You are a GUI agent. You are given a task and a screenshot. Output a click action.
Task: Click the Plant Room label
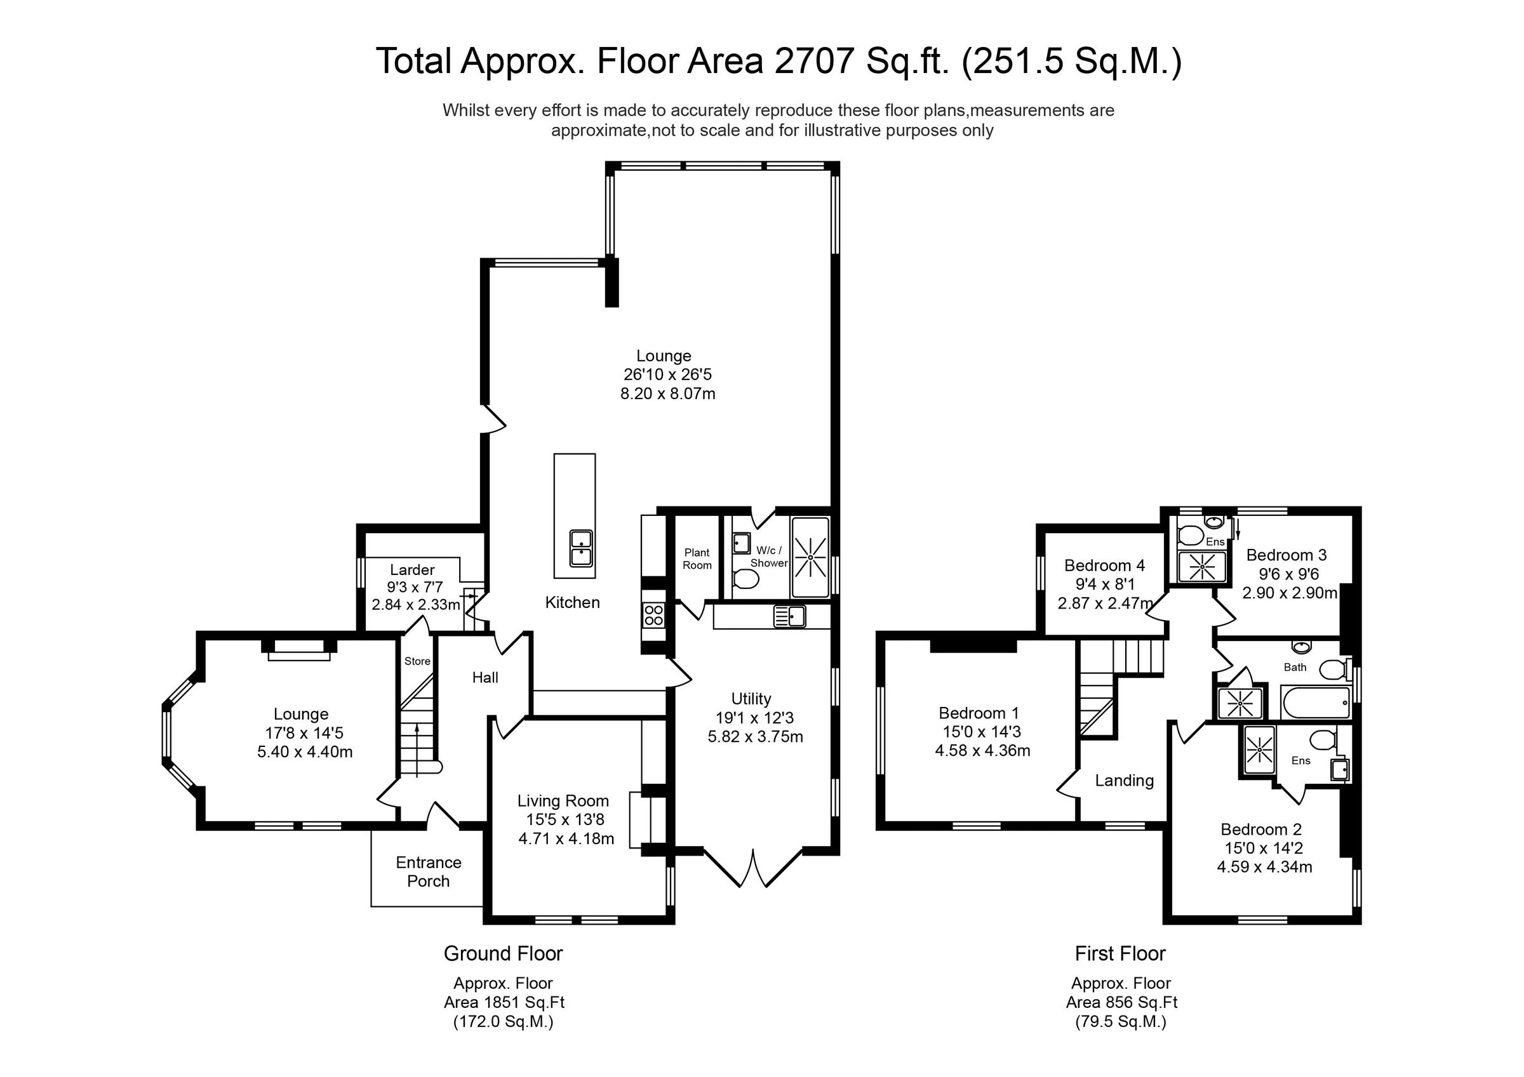697,558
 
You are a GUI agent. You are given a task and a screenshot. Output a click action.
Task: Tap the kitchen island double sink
581,548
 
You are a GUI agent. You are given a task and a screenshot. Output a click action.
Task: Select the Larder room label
412,569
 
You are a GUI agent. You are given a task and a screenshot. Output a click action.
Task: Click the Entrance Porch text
428,871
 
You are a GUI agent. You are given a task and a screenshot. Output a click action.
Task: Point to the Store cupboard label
417,661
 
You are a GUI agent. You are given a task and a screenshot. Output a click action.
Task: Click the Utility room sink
789,616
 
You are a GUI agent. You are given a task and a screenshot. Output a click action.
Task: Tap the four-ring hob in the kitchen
653,615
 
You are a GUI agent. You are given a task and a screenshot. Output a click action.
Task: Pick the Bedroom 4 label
1104,565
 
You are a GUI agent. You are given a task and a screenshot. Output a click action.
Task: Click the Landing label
1124,781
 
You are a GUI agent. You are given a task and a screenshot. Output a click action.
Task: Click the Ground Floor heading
502,954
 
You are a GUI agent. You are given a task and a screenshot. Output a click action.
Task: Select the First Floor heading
1120,954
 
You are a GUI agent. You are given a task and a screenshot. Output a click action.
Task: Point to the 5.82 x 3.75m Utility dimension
755,737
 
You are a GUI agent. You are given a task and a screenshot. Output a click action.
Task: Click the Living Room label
563,801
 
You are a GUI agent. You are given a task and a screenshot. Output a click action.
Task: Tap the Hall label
485,678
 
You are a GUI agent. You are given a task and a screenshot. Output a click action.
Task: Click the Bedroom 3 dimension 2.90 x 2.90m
1289,593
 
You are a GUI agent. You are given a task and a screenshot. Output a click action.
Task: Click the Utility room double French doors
753,868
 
